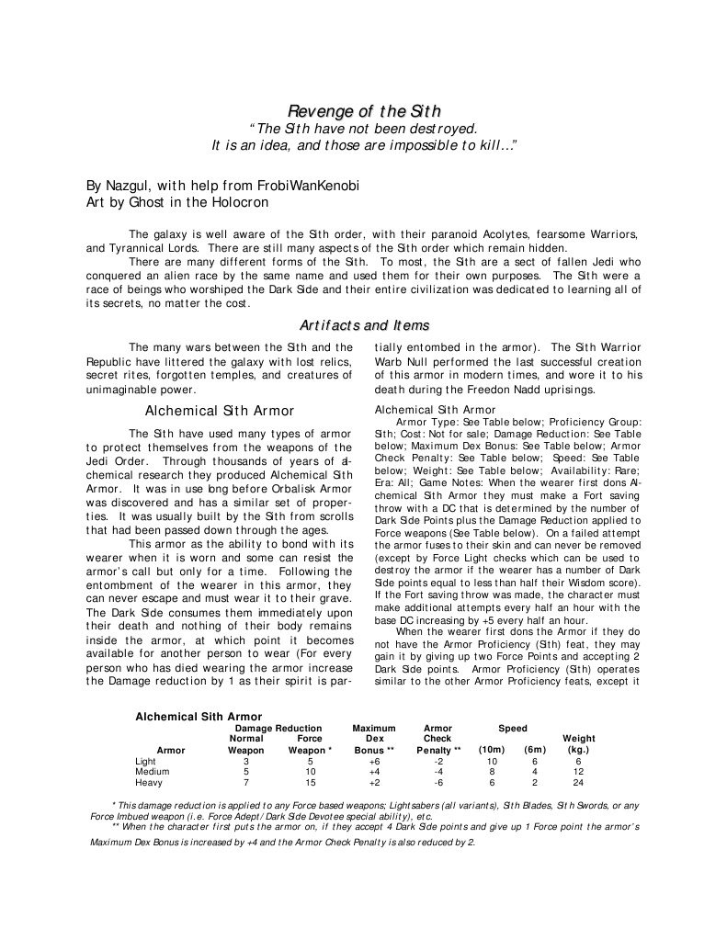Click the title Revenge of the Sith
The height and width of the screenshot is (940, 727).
363,111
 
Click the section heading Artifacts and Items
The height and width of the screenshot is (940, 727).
363,325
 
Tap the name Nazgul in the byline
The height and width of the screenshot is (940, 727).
132,185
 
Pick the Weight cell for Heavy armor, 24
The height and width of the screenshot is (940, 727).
578,783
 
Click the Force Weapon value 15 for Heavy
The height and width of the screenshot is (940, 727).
311,783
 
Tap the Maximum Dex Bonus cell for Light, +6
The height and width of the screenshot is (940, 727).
374,761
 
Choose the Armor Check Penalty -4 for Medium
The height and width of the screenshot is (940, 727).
438,772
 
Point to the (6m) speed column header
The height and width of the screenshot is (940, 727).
535,750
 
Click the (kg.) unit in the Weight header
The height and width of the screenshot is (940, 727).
578,750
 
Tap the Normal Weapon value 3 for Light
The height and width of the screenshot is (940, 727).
246,761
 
